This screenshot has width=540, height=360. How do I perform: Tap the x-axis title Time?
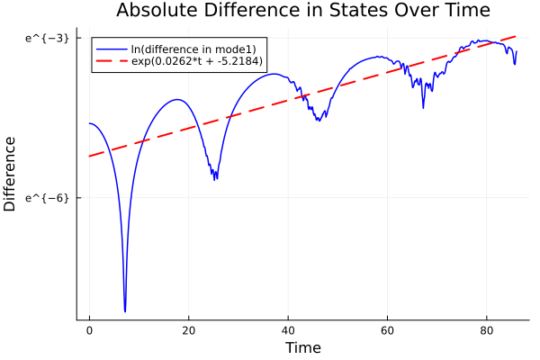click(302, 347)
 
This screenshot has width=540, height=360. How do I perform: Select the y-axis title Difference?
click(11, 174)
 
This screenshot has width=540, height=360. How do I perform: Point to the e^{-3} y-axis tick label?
click(47, 39)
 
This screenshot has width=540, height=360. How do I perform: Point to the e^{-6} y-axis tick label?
click(47, 197)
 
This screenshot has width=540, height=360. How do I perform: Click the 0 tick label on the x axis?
click(89, 331)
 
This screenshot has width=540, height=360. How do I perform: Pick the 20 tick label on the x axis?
click(188, 331)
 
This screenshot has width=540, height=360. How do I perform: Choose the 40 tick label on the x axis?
click(288, 331)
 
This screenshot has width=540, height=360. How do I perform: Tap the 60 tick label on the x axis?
click(387, 331)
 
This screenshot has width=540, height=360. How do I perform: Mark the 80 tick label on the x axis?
click(487, 331)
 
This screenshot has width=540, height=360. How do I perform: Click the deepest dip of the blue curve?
click(125, 310)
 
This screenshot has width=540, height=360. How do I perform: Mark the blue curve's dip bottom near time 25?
click(216, 179)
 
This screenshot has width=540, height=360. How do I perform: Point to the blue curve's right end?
click(517, 51)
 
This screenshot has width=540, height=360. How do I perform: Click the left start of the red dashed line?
click(89, 157)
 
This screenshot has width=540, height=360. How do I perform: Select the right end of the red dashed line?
click(517, 36)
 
